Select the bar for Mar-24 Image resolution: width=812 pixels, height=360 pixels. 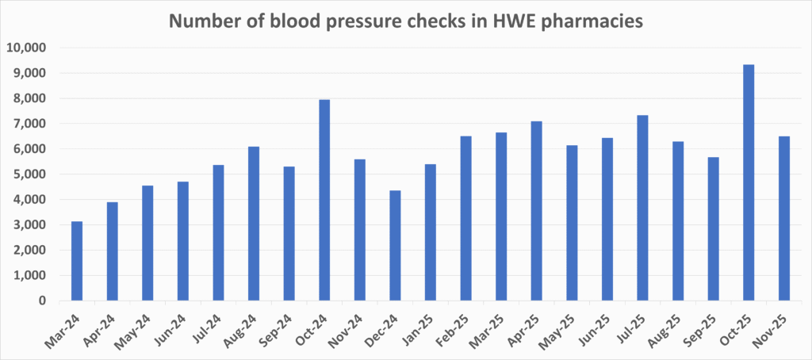click(x=77, y=261)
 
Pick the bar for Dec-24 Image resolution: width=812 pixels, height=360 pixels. click(x=395, y=245)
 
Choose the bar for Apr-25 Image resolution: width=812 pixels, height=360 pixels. click(x=536, y=211)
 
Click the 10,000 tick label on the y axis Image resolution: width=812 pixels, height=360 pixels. click(x=27, y=48)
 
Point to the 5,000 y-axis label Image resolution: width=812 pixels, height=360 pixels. click(x=31, y=174)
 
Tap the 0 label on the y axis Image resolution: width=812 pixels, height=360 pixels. click(x=44, y=301)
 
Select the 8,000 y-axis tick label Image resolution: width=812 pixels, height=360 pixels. click(x=31, y=98)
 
